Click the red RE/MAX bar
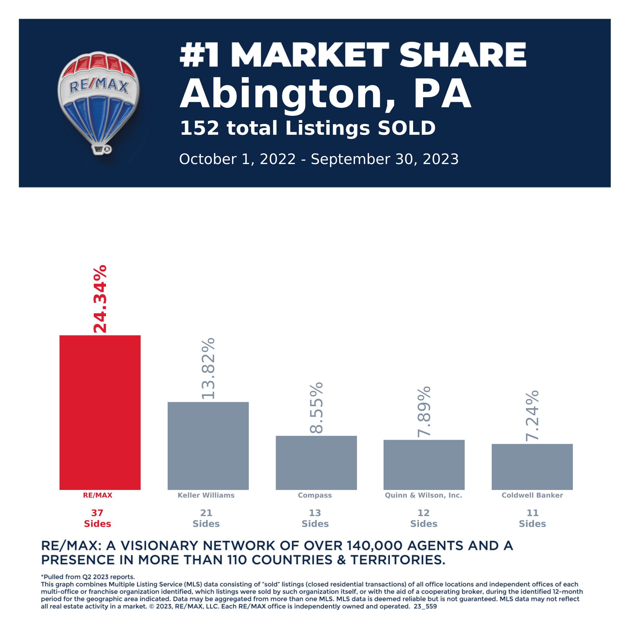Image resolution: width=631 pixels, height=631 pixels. pyautogui.click(x=100, y=412)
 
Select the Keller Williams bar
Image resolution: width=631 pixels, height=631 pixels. pyautogui.click(x=208, y=446)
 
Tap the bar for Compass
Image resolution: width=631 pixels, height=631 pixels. pyautogui.click(x=316, y=463)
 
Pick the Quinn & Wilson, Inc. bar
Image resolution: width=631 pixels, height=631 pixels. pyautogui.click(x=424, y=465)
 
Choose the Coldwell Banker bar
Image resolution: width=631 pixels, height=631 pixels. pyautogui.click(x=532, y=467)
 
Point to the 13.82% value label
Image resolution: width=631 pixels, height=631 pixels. pyautogui.click(x=208, y=368)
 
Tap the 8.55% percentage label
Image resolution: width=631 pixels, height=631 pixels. pyautogui.click(x=316, y=408)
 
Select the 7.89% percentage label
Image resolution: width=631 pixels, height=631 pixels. pyautogui.click(x=424, y=412)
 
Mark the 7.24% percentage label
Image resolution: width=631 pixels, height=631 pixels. pyautogui.click(x=532, y=416)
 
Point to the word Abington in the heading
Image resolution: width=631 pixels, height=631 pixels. pyautogui.click(x=281, y=95)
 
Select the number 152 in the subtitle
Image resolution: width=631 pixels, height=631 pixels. pyautogui.click(x=199, y=128)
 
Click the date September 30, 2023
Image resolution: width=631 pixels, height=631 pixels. pyautogui.click(x=385, y=159)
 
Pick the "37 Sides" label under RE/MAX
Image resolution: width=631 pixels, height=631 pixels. pyautogui.click(x=98, y=518)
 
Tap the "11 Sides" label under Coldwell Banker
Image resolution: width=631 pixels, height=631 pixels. pyautogui.click(x=532, y=518)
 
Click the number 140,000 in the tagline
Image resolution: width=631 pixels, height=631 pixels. pyautogui.click(x=374, y=546)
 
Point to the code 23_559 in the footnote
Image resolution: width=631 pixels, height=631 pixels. pyautogui.click(x=425, y=606)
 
